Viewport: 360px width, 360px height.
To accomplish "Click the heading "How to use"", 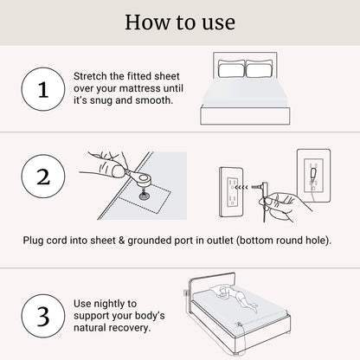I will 180,22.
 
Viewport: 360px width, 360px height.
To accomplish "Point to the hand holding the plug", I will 280,204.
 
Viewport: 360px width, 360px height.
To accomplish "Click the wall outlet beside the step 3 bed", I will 186,297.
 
